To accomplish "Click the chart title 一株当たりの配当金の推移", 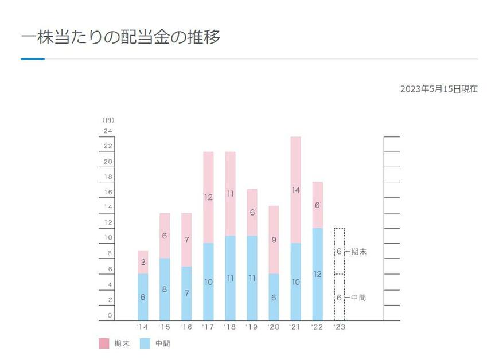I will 120,38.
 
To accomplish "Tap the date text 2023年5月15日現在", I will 439,89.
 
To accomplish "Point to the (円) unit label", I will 108,120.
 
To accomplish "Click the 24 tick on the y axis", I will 108,131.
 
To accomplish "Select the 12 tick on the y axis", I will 108,222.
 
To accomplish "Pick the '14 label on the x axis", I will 142,327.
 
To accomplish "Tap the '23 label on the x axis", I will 339,327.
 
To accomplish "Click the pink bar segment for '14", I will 143,262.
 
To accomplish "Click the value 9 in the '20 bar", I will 274,240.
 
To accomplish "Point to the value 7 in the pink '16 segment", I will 186,240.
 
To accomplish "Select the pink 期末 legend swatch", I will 104,343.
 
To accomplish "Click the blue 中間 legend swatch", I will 145,343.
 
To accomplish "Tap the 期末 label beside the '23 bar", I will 359,251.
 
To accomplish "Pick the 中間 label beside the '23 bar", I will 359,298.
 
